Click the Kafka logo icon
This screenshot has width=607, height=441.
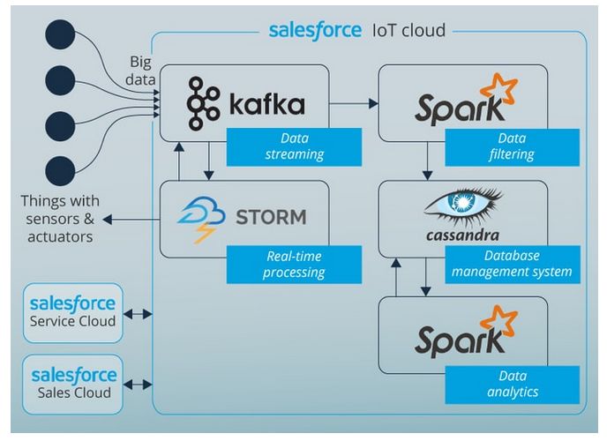203,103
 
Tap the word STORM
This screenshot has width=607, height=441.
271,217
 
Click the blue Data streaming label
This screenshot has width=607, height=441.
294,147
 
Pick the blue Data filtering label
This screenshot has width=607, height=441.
512,147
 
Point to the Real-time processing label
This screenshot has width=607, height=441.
294,265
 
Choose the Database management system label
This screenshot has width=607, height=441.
512,265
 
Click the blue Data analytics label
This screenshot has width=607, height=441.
512,385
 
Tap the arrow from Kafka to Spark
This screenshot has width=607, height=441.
354,103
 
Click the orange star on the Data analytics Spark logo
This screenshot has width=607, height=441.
499,321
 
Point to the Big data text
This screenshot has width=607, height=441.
140,71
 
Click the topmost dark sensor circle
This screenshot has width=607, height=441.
60,34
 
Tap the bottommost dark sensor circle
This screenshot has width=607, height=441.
60,171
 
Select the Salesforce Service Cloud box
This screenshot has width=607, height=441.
72,313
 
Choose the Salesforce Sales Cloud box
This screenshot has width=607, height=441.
72,385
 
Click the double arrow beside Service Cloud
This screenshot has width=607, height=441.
138,314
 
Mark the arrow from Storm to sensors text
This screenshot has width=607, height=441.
131,220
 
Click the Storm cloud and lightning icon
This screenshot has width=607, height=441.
201,220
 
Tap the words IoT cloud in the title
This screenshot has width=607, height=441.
408,31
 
